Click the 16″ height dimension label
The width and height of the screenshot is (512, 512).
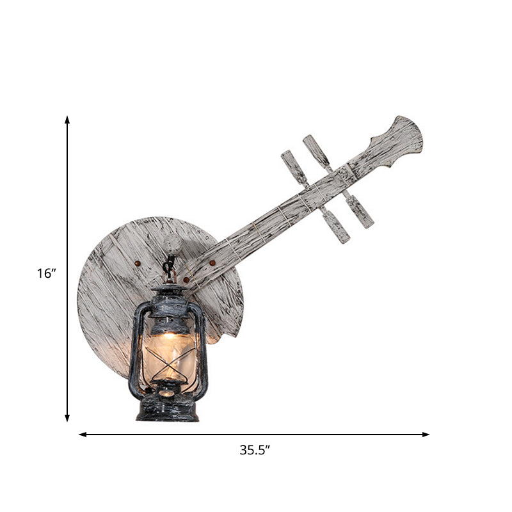[x=47, y=273]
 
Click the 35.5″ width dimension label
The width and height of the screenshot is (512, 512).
[x=255, y=450]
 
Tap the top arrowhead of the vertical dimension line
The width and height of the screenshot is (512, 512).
[x=67, y=120]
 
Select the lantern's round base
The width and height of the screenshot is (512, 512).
[x=167, y=408]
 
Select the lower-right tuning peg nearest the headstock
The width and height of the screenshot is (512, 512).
[x=360, y=211]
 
